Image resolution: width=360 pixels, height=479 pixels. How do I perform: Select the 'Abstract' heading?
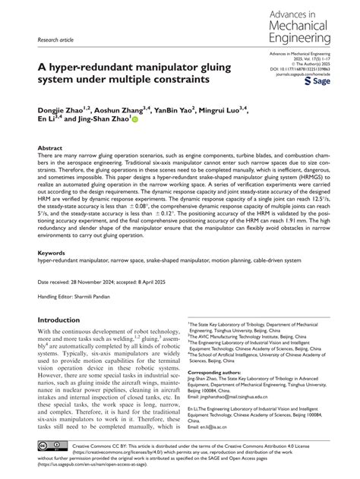tap(50, 149)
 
